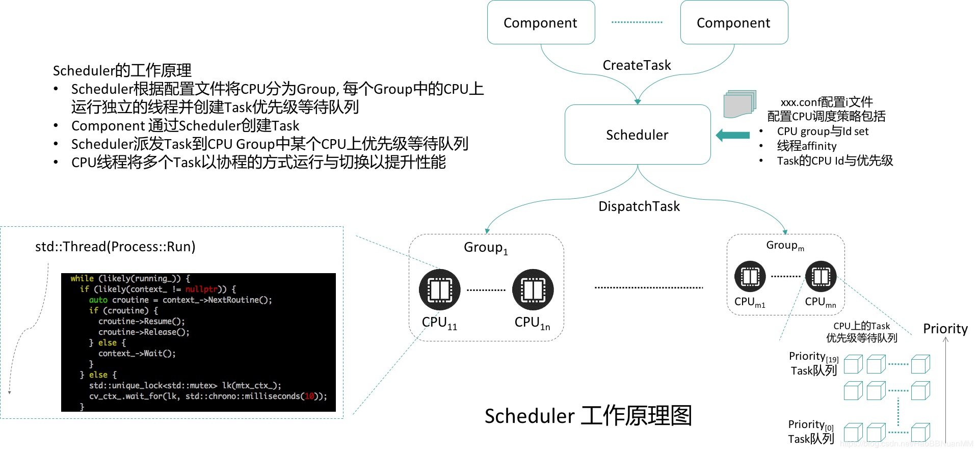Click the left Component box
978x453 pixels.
tap(541, 22)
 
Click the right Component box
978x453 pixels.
tap(734, 22)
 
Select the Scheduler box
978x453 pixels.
tap(637, 135)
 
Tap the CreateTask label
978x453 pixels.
tap(637, 65)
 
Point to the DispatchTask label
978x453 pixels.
tap(639, 206)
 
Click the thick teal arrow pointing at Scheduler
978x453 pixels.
tap(733, 135)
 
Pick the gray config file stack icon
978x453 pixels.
tap(739, 104)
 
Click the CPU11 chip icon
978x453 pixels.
tap(439, 290)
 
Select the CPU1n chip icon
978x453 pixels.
tap(533, 290)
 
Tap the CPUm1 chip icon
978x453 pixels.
tap(750, 277)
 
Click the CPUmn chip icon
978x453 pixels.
tap(821, 277)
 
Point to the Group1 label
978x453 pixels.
tap(485, 248)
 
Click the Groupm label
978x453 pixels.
tap(785, 246)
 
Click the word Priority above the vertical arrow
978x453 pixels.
tap(945, 329)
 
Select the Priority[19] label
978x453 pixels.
tap(813, 357)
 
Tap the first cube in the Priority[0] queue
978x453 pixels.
tap(853, 433)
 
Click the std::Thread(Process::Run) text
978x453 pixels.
tap(115, 247)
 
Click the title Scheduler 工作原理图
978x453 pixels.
tap(588, 416)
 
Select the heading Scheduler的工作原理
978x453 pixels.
tap(122, 70)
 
